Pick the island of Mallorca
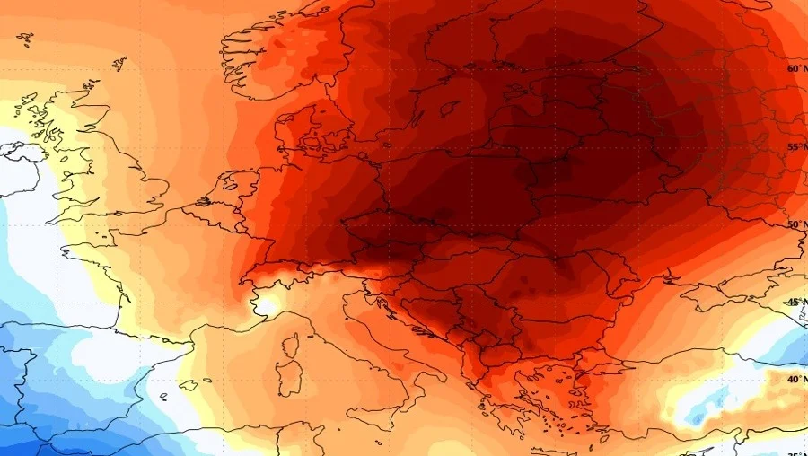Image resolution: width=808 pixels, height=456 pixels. [189, 385]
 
